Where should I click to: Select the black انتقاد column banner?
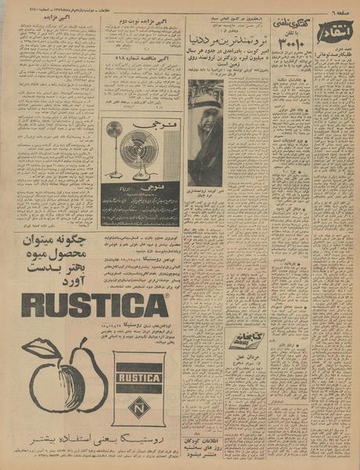[x=335, y=36]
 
